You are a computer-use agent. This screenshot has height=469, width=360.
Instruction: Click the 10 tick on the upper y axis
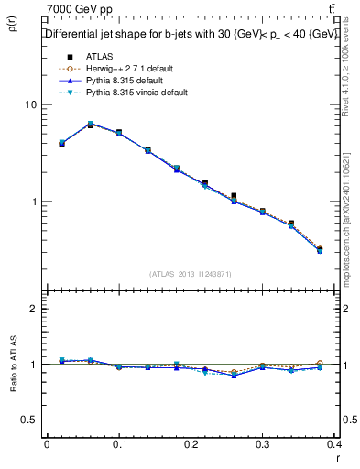click(x=30, y=104)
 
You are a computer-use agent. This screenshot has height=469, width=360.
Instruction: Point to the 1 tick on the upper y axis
click(x=33, y=202)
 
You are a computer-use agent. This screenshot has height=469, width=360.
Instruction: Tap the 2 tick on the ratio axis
click(x=33, y=309)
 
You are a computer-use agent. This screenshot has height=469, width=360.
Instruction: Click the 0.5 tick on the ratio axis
click(x=29, y=420)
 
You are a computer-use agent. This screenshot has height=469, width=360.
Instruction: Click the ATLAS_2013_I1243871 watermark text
click(x=191, y=274)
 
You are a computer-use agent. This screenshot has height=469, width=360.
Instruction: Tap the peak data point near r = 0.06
click(x=90, y=125)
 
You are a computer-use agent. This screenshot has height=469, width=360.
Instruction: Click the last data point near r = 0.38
click(x=320, y=249)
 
